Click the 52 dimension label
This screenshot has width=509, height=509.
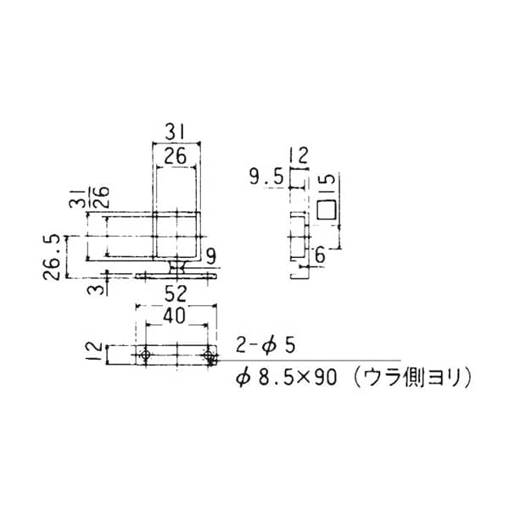pos(176,294)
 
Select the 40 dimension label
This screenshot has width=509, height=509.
pos(174,316)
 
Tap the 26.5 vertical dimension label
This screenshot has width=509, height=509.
pos(52,257)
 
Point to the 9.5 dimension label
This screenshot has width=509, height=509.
pos(266,177)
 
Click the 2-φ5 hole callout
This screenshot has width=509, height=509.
pos(266,345)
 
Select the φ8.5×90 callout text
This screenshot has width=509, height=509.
pos(287,378)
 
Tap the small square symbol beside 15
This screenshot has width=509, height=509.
pos(326,210)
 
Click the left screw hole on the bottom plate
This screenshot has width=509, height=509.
pos(146,355)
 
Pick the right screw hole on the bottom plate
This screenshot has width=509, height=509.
pos(208,355)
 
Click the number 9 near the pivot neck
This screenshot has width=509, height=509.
pos(211,257)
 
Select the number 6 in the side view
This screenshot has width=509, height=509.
pos(320,255)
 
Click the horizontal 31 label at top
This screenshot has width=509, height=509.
pos(175,132)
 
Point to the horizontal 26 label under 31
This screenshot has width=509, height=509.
pos(175,156)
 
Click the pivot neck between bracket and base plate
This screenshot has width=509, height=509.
pos(177,267)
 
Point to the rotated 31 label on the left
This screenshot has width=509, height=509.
pos(76,198)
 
